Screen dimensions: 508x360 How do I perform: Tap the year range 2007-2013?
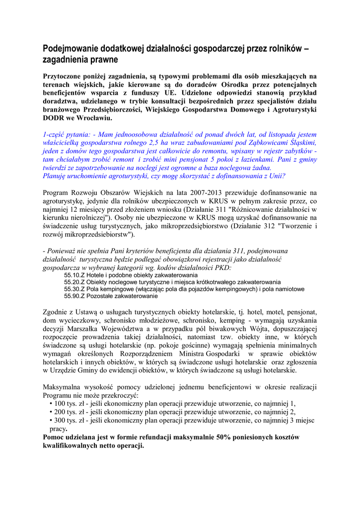click(x=182, y=192)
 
